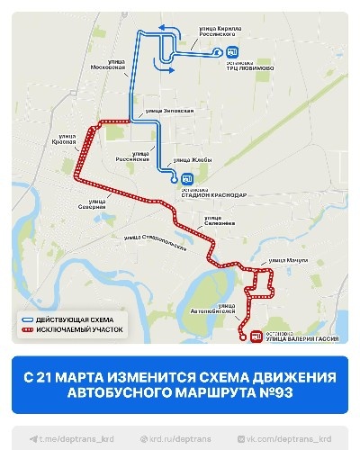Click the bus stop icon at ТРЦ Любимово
[x=232, y=52]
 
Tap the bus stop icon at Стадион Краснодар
[x=186, y=177]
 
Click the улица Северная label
[x=93, y=203]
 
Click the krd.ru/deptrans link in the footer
[x=179, y=438]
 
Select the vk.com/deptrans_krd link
[x=286, y=438]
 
